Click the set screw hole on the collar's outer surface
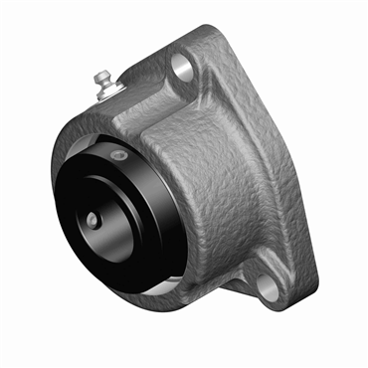pos(119,156)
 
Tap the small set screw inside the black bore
pos(92,218)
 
